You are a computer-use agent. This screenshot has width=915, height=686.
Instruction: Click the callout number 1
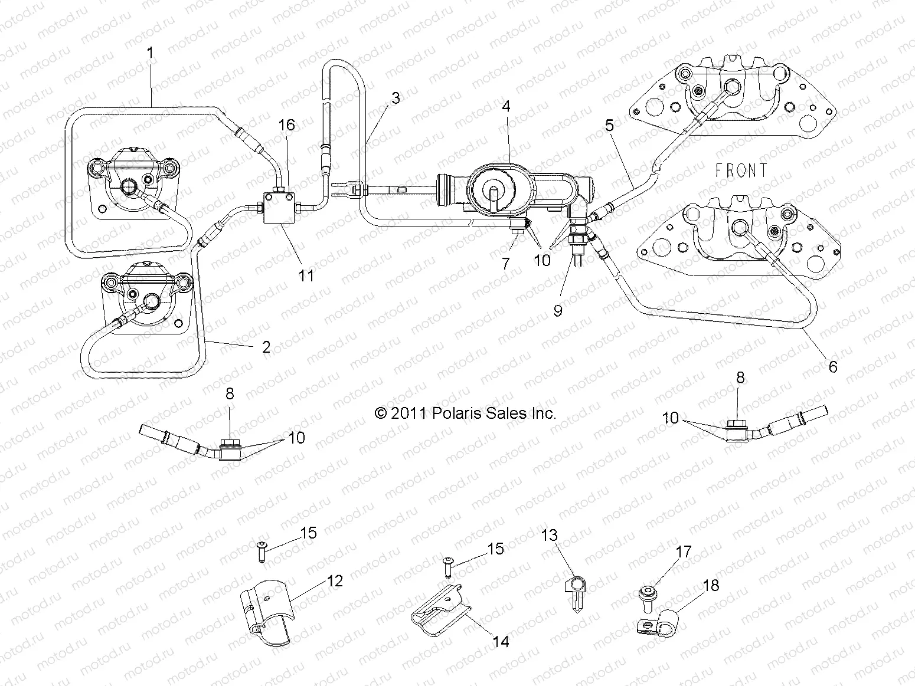(x=150, y=53)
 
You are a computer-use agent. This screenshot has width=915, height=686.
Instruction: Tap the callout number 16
(x=287, y=125)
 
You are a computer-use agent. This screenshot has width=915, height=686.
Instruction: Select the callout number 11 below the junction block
(x=306, y=275)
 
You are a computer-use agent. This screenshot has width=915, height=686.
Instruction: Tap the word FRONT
(x=741, y=171)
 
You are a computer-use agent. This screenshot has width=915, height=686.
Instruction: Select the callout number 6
(x=832, y=367)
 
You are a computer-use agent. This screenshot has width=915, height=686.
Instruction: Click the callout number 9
(x=558, y=310)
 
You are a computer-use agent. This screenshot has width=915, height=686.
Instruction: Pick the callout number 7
(x=506, y=264)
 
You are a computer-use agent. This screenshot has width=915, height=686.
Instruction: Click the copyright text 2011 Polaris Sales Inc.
(x=465, y=413)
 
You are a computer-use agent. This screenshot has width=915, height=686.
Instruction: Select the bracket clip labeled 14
(x=439, y=612)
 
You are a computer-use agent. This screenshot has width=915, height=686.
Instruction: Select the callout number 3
(x=395, y=98)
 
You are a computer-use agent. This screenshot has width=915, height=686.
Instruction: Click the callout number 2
(x=266, y=347)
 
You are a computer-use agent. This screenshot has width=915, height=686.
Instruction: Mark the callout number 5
(x=609, y=125)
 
